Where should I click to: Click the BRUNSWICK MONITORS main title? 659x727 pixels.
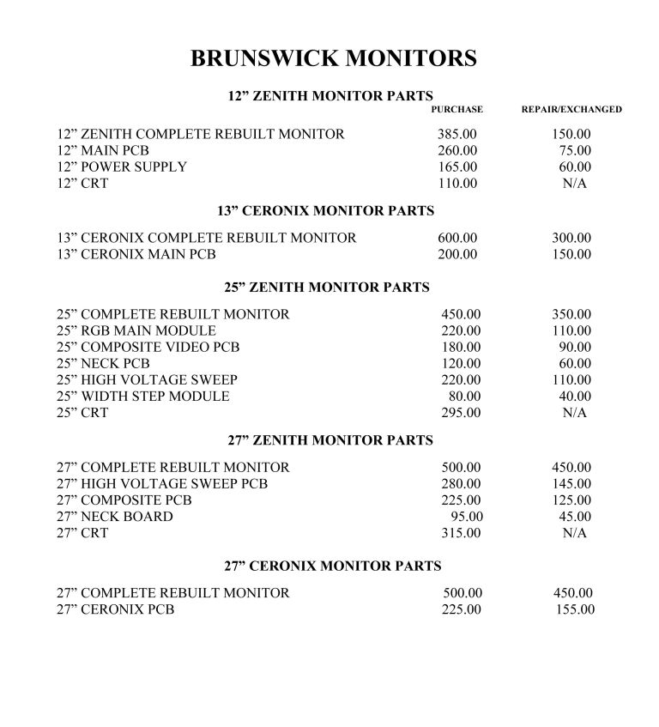pyautogui.click(x=333, y=58)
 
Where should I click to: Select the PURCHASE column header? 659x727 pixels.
pyautogui.click(x=456, y=110)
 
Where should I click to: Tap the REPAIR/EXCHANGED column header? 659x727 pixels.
pyautogui.click(x=571, y=110)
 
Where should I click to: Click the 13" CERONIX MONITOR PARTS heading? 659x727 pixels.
pyautogui.click(x=326, y=210)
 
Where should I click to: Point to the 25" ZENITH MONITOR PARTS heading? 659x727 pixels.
pyautogui.click(x=327, y=288)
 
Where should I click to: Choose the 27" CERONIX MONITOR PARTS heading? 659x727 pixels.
pyautogui.click(x=333, y=566)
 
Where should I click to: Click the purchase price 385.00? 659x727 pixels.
pyautogui.click(x=456, y=135)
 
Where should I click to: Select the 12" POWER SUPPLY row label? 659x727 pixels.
pyautogui.click(x=122, y=167)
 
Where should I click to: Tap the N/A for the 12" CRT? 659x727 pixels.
pyautogui.click(x=574, y=184)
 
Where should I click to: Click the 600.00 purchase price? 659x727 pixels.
pyautogui.click(x=457, y=238)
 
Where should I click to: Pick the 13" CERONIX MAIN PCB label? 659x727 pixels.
pyautogui.click(x=136, y=254)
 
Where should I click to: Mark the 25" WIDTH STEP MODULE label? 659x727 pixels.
pyautogui.click(x=143, y=397)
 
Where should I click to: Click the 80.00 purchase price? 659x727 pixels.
pyautogui.click(x=465, y=397)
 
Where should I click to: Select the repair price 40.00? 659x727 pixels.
pyautogui.click(x=575, y=397)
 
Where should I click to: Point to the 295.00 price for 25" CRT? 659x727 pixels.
pyautogui.click(x=461, y=413)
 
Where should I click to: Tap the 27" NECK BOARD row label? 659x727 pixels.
pyautogui.click(x=115, y=517)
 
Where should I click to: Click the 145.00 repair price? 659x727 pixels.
pyautogui.click(x=571, y=484)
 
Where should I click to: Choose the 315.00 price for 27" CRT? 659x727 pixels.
pyautogui.click(x=461, y=533)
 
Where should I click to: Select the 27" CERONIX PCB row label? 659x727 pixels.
pyautogui.click(x=116, y=609)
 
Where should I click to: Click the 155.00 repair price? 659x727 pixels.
pyautogui.click(x=574, y=609)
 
